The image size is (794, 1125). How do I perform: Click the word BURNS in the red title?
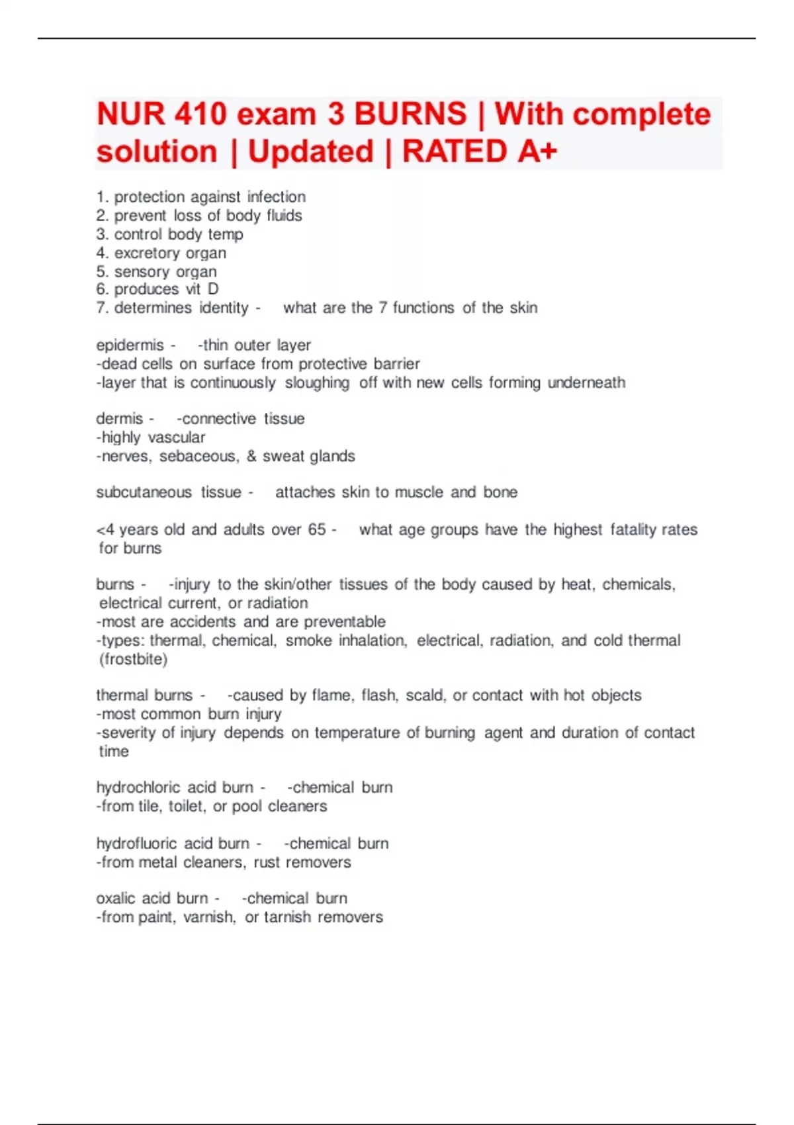tap(410, 114)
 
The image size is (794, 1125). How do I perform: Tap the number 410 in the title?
tap(200, 114)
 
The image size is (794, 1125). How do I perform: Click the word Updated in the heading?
tap(310, 152)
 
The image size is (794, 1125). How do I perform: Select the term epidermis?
tap(130, 345)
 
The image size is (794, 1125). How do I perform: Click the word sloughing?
tap(317, 383)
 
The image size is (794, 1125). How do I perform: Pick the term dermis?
tap(119, 419)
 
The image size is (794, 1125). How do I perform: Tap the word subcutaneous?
tap(144, 492)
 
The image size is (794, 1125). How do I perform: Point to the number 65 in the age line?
tap(317, 529)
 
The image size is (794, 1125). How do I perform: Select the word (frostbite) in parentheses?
tap(133, 660)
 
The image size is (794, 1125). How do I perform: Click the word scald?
tap(424, 696)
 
